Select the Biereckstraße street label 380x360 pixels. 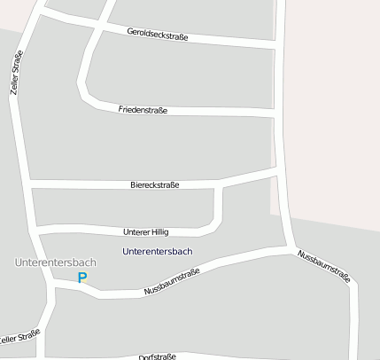[155, 184]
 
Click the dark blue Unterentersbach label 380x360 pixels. [157, 251]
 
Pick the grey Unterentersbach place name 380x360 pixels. [55, 263]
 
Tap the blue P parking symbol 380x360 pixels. [82, 278]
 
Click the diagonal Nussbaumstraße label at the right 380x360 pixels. [324, 267]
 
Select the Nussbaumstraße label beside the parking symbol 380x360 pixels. [172, 281]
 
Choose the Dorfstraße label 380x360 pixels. [158, 356]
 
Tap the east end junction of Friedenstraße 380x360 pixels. [276, 113]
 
